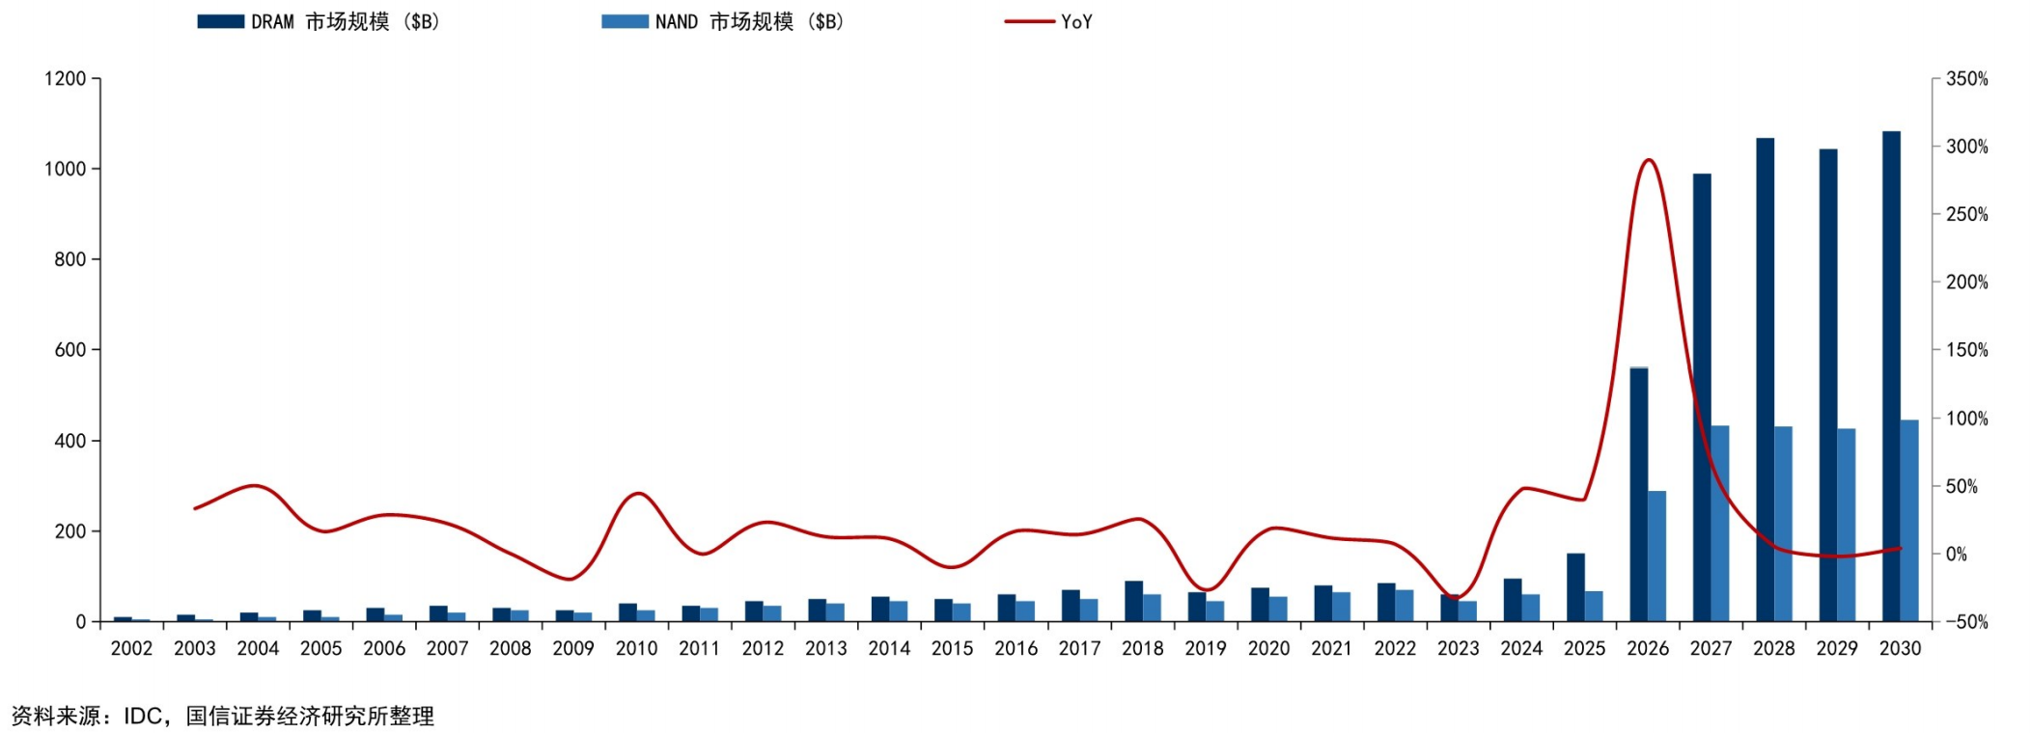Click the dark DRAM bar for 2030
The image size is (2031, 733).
(x=1891, y=376)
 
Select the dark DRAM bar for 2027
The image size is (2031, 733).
(x=1702, y=397)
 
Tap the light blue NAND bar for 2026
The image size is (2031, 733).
(x=1656, y=557)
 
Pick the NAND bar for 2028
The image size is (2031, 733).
(x=1783, y=524)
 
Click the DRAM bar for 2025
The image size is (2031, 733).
(x=1575, y=587)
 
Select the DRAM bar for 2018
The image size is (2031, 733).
(x=1133, y=601)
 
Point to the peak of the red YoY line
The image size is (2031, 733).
(x=1649, y=160)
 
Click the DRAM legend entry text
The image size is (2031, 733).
(x=346, y=21)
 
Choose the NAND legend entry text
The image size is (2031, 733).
(x=750, y=21)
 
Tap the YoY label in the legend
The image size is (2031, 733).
(x=1076, y=21)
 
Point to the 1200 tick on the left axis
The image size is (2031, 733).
(x=66, y=78)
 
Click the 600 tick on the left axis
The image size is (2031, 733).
(x=70, y=350)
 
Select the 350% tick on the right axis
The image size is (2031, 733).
(x=1967, y=79)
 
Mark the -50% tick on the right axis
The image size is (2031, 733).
(x=1962, y=622)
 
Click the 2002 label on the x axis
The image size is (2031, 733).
(x=131, y=648)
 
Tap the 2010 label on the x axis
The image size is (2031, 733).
(x=636, y=648)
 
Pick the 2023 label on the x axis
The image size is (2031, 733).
(x=1458, y=648)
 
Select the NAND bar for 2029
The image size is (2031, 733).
(x=1846, y=525)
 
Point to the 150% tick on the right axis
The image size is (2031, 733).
(x=1967, y=350)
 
